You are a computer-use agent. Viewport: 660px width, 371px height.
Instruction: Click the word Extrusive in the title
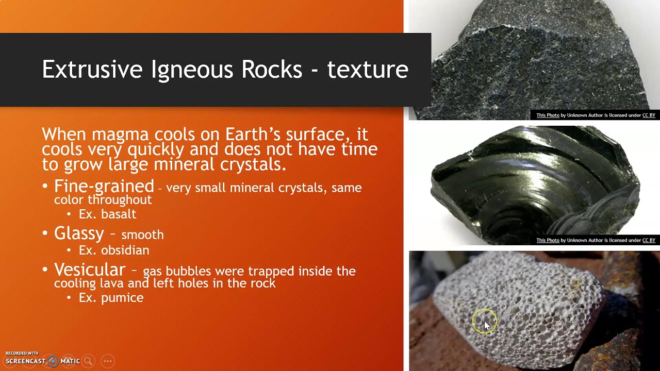pyautogui.click(x=92, y=70)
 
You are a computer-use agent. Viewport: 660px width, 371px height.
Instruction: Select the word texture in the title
pyautogui.click(x=367, y=70)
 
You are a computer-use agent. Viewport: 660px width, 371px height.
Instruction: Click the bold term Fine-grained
pyautogui.click(x=104, y=186)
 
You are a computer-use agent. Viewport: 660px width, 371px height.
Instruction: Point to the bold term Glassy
pyautogui.click(x=79, y=233)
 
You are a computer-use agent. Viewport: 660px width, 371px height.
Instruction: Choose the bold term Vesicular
pyautogui.click(x=90, y=269)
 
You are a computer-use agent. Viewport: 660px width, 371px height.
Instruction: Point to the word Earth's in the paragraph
pyautogui.click(x=253, y=134)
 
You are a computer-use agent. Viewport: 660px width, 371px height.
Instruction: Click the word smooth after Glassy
pyautogui.click(x=142, y=235)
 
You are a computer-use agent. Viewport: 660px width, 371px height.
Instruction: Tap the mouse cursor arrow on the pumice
pyautogui.click(x=487, y=325)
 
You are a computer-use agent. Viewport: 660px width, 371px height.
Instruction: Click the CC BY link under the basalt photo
pyautogui.click(x=649, y=115)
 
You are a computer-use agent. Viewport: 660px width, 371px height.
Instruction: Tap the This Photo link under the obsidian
pyautogui.click(x=548, y=241)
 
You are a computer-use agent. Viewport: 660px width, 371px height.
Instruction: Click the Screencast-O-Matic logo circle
pyautogui.click(x=53, y=361)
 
